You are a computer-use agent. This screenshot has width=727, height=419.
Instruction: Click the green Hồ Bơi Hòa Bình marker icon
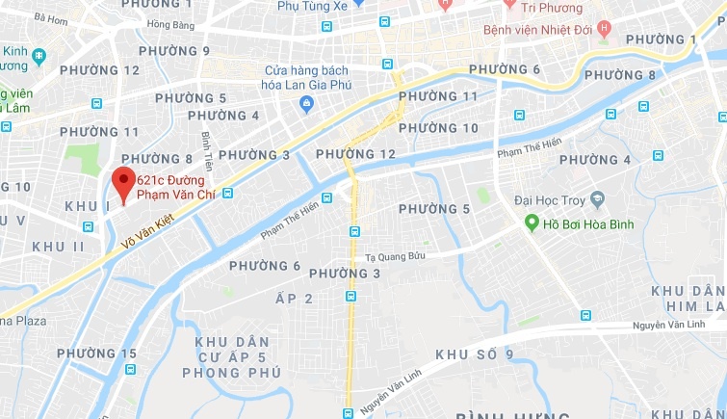[x=530, y=223]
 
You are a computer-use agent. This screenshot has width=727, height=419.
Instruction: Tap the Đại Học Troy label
[x=550, y=200]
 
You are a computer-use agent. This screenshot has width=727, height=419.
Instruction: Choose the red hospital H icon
[x=604, y=27]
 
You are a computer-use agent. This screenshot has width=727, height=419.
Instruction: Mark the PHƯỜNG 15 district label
[x=96, y=354]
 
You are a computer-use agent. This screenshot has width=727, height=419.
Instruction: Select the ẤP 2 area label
[x=295, y=299]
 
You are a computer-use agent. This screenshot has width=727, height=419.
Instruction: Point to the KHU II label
[x=60, y=246]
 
